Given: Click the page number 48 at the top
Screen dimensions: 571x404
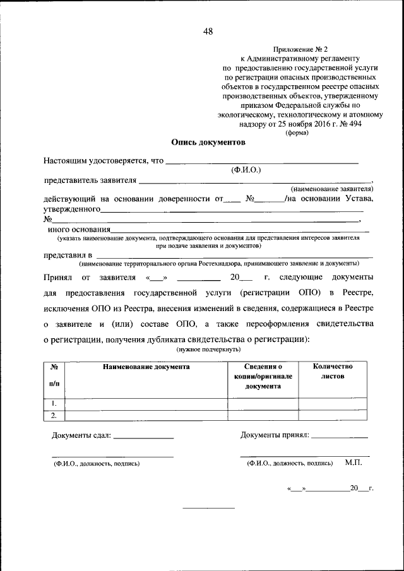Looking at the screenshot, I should coord(208,32).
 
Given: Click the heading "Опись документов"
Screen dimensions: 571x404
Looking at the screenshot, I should coord(208,143).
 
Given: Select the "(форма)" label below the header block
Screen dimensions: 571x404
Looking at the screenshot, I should coord(297,133).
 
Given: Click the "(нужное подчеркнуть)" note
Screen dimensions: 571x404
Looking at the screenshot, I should coord(208,348).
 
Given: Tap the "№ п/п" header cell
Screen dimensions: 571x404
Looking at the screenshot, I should coord(54,376).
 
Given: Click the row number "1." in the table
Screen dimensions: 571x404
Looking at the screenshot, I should coord(54,403).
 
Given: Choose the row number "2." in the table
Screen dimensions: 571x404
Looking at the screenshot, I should coord(54,415).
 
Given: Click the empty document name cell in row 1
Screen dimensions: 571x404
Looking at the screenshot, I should coord(146,403).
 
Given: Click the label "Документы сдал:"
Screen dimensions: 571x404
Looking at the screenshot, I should coord(81,435).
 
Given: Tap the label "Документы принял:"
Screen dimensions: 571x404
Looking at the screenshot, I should coord(275,435).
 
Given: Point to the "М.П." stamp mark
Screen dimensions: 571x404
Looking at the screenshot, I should coord(353,463).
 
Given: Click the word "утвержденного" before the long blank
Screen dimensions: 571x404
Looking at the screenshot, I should coord(71,208).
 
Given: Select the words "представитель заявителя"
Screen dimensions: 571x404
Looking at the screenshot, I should coord(90,180).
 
